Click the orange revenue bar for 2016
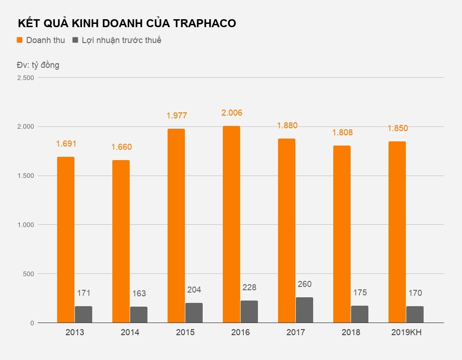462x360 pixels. click(x=231, y=225)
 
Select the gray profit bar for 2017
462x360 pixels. click(x=304, y=310)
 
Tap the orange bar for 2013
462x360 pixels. click(x=66, y=240)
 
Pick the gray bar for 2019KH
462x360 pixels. click(x=415, y=315)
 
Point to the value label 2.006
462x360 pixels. click(x=232, y=113)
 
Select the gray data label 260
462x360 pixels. click(x=304, y=284)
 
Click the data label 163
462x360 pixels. click(x=139, y=294)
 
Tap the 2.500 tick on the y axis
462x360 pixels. click(x=26, y=78)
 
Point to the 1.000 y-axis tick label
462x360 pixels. click(x=26, y=225)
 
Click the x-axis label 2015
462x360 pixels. click(x=185, y=332)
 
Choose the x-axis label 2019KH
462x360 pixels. click(x=406, y=332)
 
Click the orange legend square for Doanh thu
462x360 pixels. click(x=20, y=40)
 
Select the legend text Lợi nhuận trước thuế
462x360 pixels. click(x=121, y=40)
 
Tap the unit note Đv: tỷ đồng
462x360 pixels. click(x=38, y=65)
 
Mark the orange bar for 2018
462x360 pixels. click(x=342, y=234)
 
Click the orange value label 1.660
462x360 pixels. click(x=121, y=147)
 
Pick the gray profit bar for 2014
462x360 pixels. click(x=139, y=315)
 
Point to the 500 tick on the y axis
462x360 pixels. click(x=29, y=274)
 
